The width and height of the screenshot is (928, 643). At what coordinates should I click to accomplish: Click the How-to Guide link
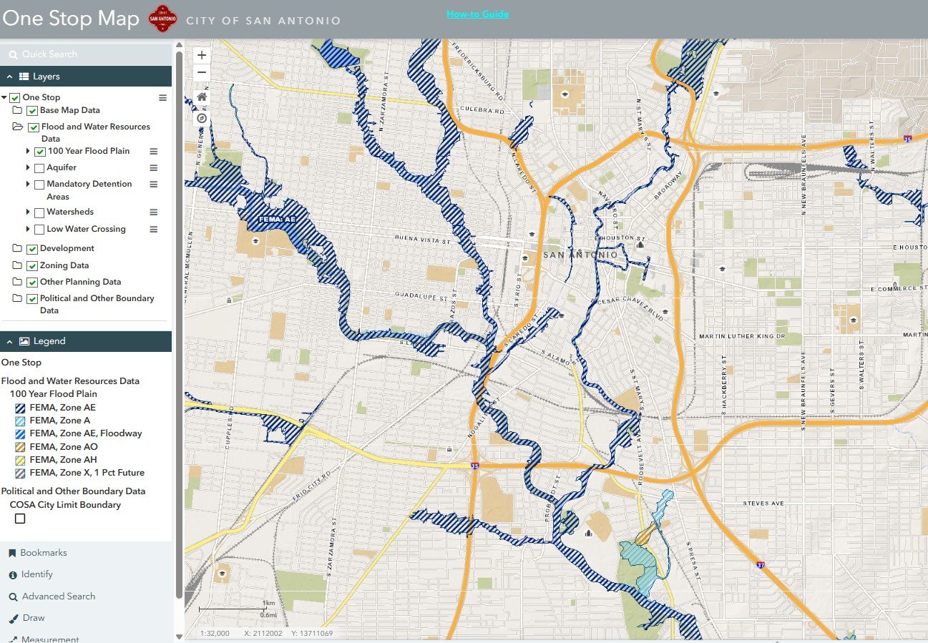[x=477, y=14]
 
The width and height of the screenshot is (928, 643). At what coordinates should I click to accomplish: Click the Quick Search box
[x=86, y=54]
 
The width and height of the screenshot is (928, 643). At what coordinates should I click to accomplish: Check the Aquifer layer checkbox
[x=39, y=168]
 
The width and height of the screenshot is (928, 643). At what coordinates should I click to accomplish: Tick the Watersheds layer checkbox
[x=39, y=212]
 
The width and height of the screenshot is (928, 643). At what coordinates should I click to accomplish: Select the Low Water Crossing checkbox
[x=39, y=230]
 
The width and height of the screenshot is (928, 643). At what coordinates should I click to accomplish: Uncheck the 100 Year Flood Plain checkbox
[x=40, y=152]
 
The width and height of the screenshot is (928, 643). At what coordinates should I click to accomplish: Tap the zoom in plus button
[x=202, y=55]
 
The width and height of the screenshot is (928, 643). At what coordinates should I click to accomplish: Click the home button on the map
[x=202, y=97]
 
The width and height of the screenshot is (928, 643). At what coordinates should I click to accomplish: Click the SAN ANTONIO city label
[x=580, y=255]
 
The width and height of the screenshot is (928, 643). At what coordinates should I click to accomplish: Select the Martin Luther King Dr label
[x=742, y=336]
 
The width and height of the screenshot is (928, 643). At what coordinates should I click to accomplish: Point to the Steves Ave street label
[x=763, y=504]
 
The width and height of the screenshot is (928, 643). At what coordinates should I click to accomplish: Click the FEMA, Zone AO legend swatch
[x=20, y=447]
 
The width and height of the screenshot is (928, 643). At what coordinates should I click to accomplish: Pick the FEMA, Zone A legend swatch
[x=20, y=421]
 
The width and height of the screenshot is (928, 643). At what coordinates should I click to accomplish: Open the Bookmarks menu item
[x=43, y=553]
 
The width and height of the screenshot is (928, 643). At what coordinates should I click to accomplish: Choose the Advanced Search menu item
[x=58, y=597]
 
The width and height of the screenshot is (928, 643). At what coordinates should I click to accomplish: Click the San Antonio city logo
[x=162, y=19]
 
